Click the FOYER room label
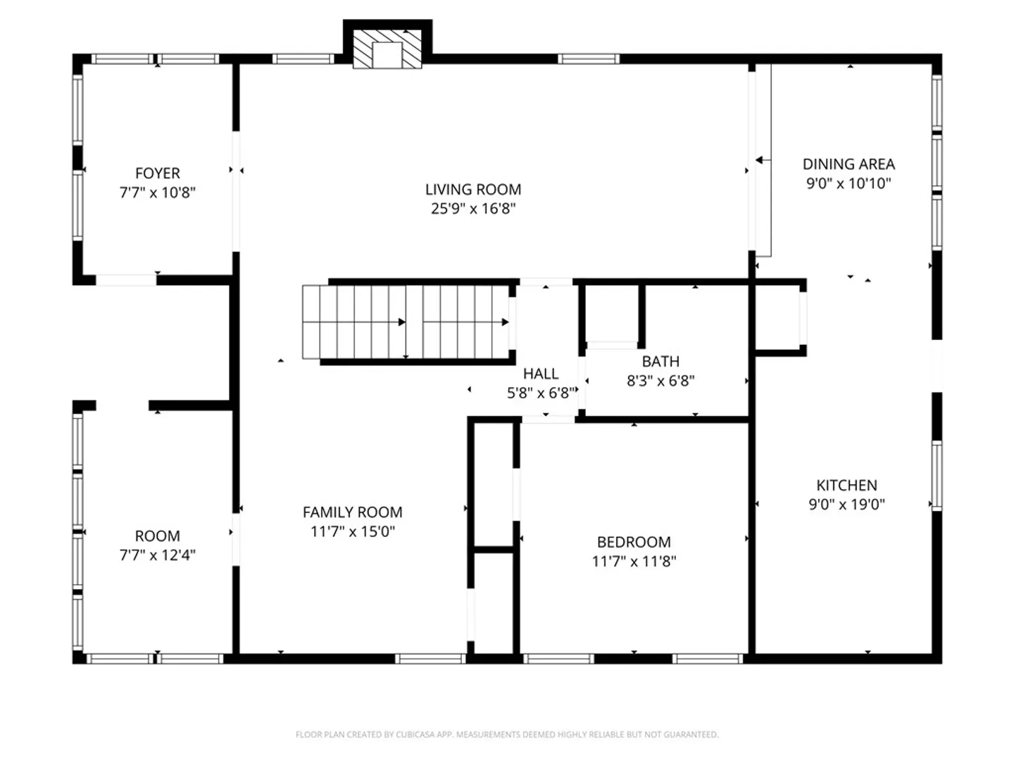click(x=158, y=173)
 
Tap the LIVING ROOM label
click(x=473, y=189)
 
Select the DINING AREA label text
click(x=849, y=164)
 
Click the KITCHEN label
click(x=846, y=485)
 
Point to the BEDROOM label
click(x=634, y=542)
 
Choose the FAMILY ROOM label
click(x=353, y=512)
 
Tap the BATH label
click(x=661, y=361)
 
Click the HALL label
click(x=541, y=373)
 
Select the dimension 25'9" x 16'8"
click(x=473, y=208)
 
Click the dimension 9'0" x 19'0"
click(x=846, y=505)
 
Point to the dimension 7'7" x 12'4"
click(x=158, y=555)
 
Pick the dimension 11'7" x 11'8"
click(x=634, y=561)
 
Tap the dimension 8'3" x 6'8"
click(x=661, y=381)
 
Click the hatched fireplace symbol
click(x=387, y=49)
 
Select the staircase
click(x=409, y=322)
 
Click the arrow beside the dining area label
click(x=763, y=160)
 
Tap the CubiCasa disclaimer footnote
click(x=507, y=734)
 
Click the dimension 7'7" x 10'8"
click(x=158, y=192)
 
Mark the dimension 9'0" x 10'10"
click(x=849, y=183)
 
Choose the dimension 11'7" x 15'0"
click(x=353, y=531)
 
